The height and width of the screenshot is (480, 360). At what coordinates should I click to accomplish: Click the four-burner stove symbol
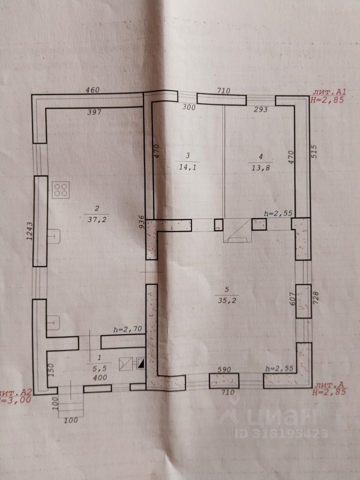[x=62, y=189]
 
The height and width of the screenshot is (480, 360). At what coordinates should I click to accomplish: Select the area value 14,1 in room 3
[x=188, y=168]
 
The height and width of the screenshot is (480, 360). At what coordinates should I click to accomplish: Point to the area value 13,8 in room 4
[x=258, y=168]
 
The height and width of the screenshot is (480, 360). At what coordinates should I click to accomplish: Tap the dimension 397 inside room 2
[x=94, y=112]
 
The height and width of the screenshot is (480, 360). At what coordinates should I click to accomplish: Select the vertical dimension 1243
[x=30, y=233]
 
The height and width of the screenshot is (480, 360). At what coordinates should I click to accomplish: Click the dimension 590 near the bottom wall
[x=224, y=369]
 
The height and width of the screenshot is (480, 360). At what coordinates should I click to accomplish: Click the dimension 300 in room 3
[x=188, y=107]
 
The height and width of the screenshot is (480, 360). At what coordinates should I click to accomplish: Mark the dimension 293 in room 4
[x=260, y=109]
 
